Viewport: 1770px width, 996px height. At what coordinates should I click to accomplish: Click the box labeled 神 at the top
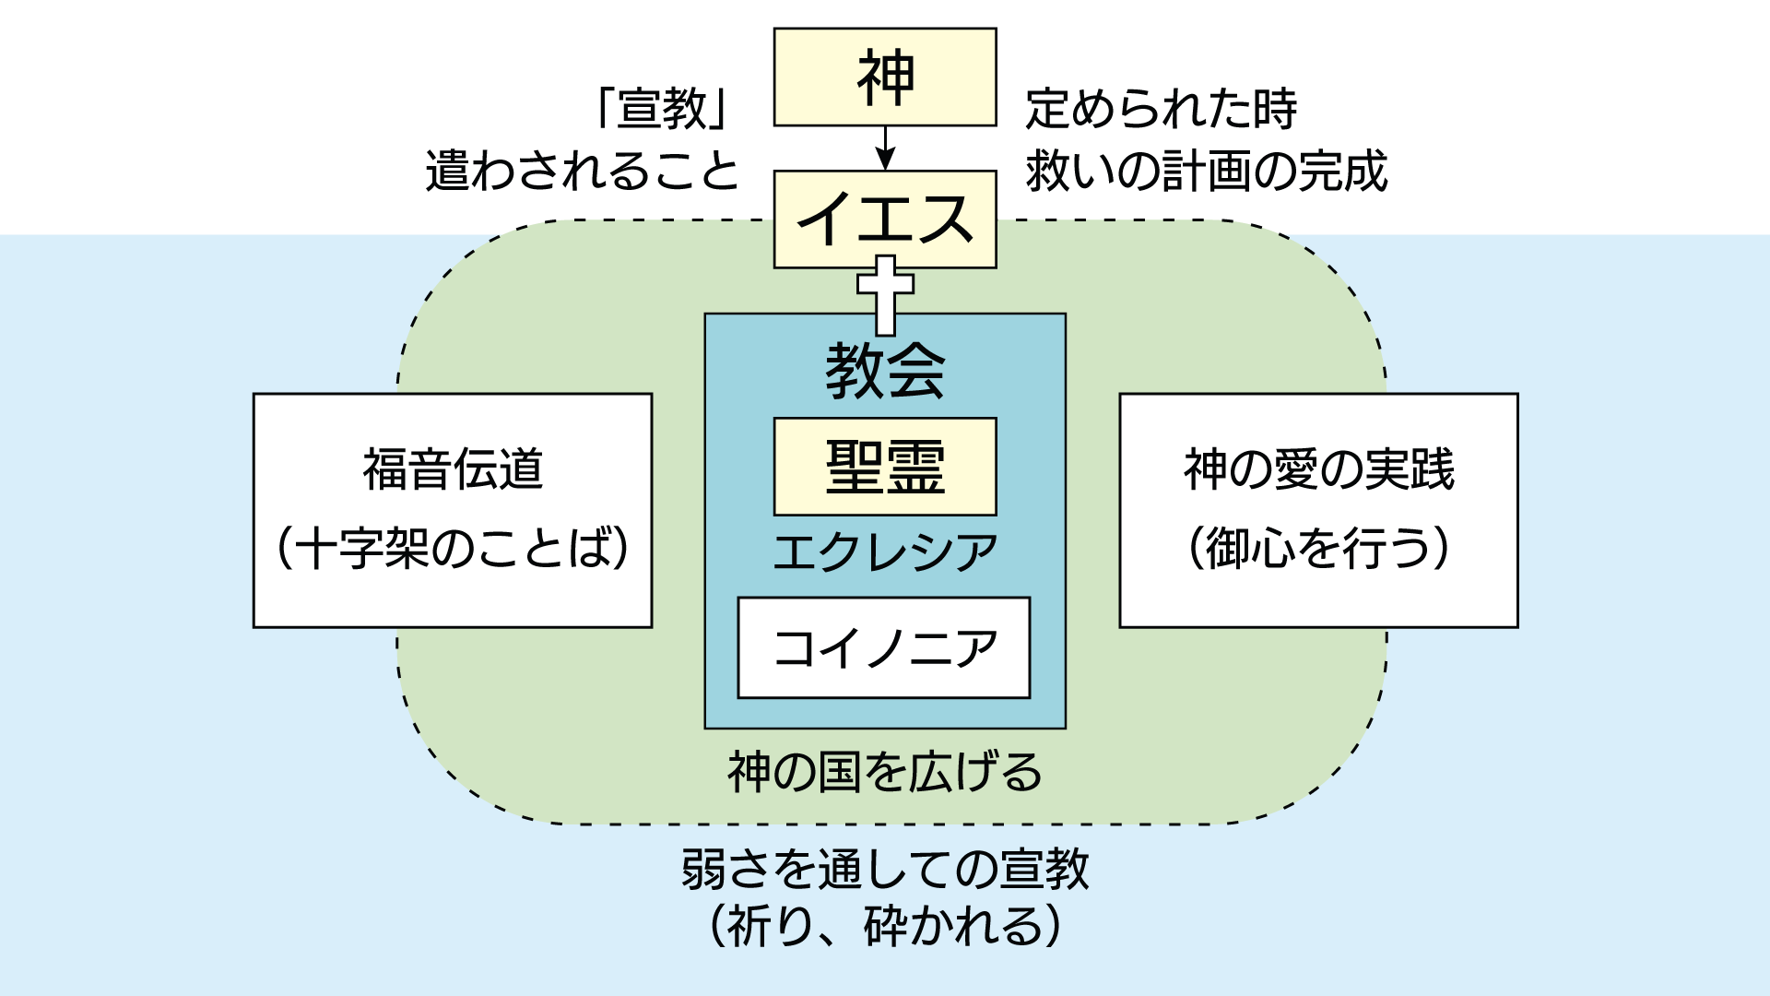885,77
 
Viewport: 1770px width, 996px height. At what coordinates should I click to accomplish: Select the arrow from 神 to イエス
885,148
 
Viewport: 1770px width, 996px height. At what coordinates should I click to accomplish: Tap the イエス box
885,219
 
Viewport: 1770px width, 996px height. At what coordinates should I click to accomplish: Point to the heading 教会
885,372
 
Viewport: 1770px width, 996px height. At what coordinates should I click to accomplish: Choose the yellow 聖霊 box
885,467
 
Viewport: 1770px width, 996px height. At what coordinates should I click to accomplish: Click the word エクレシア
885,552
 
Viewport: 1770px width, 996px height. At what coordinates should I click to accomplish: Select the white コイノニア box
884,647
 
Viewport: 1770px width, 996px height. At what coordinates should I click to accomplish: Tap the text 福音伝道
453,469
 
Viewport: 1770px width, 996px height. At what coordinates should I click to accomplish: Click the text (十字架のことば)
453,548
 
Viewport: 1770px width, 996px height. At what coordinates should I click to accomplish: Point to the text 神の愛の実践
1318,469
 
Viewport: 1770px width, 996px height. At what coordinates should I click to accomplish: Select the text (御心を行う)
1318,548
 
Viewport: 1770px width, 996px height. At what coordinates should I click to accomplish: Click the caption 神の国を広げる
885,772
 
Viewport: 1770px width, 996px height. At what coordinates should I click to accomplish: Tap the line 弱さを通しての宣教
885,870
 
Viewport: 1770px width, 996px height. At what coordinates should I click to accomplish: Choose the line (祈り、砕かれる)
885,926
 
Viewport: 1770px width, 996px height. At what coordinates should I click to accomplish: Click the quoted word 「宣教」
664,109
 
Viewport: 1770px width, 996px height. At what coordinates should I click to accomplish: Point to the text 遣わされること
583,172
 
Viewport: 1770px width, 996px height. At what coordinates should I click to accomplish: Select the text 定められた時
1162,109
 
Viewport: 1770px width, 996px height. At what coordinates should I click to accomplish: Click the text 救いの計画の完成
1207,172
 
